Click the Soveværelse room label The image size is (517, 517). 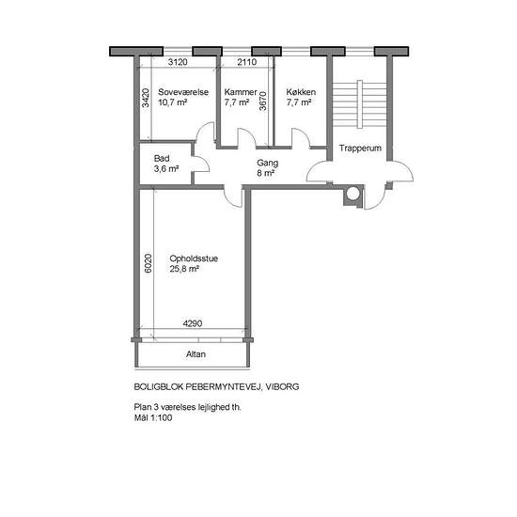click(x=183, y=92)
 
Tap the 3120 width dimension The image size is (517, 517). click(x=178, y=62)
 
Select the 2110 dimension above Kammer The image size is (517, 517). click(x=247, y=62)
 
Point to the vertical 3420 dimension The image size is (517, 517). click(x=146, y=98)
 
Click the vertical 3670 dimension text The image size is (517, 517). click(x=262, y=101)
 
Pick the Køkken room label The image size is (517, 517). click(x=301, y=92)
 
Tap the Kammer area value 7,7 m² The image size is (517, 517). click(x=236, y=102)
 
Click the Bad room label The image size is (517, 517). click(x=162, y=158)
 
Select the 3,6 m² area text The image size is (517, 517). click(x=166, y=169)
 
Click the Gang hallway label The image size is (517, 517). click(x=267, y=163)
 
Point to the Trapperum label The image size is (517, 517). click(x=360, y=148)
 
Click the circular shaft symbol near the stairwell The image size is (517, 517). click(x=353, y=194)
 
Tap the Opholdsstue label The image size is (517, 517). click(x=194, y=258)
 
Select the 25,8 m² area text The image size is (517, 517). click(x=184, y=269)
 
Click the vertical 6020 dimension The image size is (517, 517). click(x=149, y=263)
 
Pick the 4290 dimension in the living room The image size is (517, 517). click(x=193, y=323)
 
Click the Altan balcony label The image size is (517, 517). click(x=196, y=354)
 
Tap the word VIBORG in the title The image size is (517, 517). click(x=282, y=386)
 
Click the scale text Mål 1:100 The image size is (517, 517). click(x=153, y=417)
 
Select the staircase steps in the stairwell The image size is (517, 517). click(x=359, y=103)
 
